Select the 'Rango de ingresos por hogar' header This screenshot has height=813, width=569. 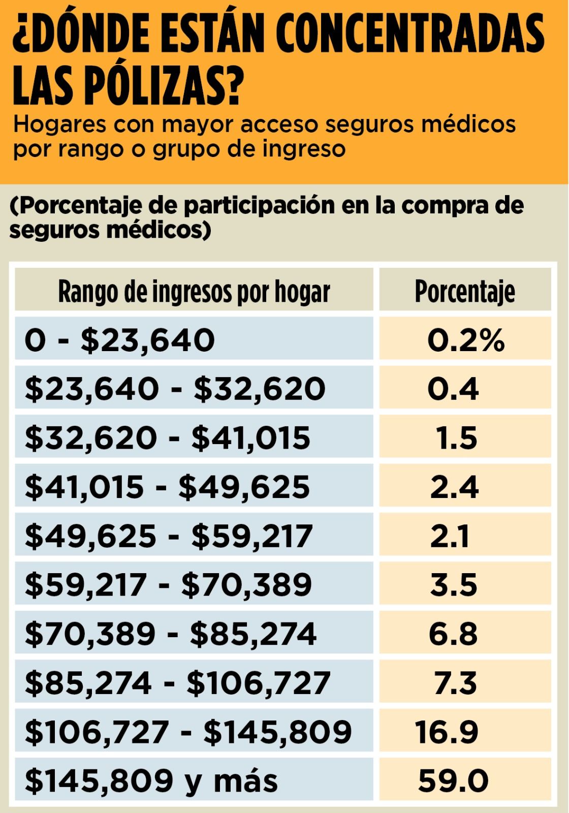[194, 292]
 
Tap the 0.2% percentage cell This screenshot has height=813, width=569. [466, 340]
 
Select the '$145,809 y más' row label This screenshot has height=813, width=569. [151, 780]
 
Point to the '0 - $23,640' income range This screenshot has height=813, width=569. [120, 340]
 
